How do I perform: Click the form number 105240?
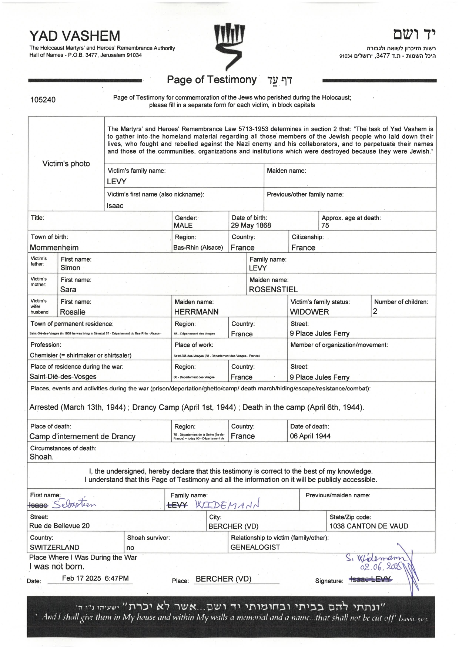pos(43,100)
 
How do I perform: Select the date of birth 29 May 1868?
pos(251,225)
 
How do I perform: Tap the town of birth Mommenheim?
pos(54,248)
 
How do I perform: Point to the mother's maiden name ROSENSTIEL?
pos(273,289)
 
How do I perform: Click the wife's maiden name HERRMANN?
pos(196,312)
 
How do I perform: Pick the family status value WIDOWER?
pos(309,312)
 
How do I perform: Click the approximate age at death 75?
pos(325,225)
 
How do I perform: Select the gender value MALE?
pos(183,225)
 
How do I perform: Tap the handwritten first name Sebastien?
pos(74,504)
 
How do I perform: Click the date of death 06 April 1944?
pos(310,436)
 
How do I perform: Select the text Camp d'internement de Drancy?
pos(82,436)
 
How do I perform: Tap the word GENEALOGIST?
pos(255,547)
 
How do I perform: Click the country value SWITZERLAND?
pos(54,547)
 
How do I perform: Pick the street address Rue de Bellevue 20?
pos(59,526)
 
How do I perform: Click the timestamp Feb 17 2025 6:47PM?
pos(95,578)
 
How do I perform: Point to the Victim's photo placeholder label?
pos(66,164)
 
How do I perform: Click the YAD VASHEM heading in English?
pos(74,36)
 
